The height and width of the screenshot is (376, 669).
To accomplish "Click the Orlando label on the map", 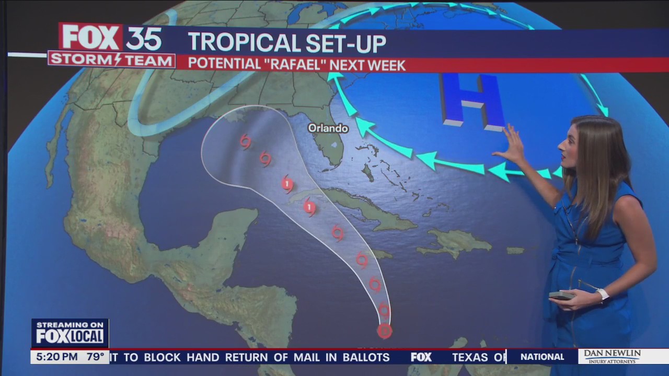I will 328,128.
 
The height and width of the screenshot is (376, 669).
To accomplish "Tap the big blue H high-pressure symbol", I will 470,100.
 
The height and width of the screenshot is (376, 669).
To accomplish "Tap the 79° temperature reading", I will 95,357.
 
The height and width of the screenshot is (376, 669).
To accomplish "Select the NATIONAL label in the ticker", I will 542,357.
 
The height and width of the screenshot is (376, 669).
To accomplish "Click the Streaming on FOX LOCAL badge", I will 70,333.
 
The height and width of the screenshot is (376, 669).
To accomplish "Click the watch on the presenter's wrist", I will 603,294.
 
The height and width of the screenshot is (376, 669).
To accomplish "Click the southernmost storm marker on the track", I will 384,331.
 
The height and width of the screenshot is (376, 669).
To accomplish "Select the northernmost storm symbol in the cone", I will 245,141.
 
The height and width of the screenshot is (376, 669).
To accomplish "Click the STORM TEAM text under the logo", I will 111,60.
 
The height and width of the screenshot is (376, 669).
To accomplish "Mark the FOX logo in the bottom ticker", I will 421,357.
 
